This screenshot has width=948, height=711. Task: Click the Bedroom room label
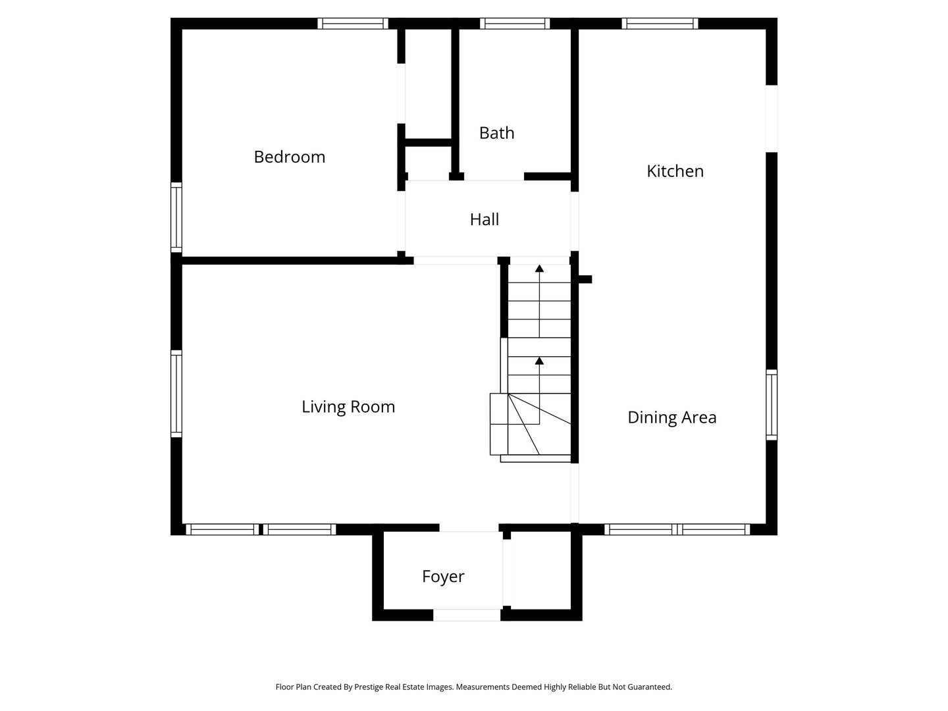[x=290, y=157]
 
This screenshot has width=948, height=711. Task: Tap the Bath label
[x=496, y=133]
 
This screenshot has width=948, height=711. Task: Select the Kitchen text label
[x=675, y=171]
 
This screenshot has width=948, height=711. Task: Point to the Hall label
[x=484, y=220]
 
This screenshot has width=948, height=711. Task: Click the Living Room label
[x=348, y=407]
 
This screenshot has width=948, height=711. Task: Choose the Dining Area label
[x=671, y=417]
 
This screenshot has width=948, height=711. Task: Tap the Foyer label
[x=443, y=577]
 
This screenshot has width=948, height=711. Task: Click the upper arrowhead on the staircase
[x=539, y=269]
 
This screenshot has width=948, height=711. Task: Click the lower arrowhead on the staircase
[x=539, y=361]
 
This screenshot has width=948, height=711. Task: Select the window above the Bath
[x=515, y=23]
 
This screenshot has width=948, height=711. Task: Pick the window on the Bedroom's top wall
[x=353, y=23]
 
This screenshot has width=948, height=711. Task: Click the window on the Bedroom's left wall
[x=176, y=217]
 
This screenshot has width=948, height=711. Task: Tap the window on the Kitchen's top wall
[x=660, y=23]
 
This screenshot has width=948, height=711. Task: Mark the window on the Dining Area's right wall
[x=772, y=405]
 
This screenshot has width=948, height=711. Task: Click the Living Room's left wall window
[x=176, y=394]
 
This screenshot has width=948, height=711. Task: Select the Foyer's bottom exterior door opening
[x=467, y=615]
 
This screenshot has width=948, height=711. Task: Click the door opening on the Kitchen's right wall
[x=772, y=118]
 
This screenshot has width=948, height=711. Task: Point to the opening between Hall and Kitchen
[x=575, y=221]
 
